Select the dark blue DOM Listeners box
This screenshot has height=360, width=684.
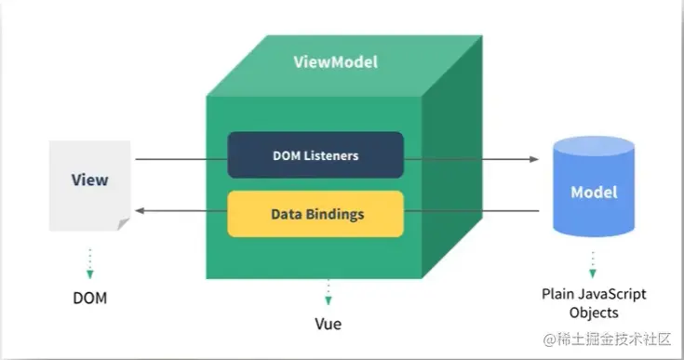point(315,154)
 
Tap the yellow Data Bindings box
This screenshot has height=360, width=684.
point(315,213)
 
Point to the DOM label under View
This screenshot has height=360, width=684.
point(90,299)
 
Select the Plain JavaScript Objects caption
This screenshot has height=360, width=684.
point(594,302)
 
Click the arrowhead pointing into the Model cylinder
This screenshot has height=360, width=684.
point(533,159)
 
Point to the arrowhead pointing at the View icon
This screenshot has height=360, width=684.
point(141,212)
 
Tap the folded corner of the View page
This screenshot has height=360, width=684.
point(124,225)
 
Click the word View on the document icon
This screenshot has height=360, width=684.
point(89,180)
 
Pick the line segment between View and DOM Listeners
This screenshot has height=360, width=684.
point(181,159)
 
